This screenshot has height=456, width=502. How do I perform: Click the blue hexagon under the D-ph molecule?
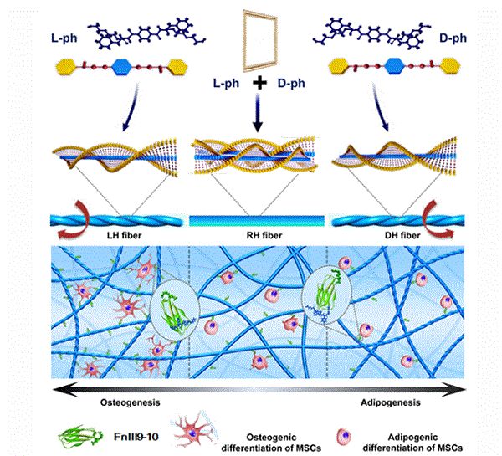pos(395,63)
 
